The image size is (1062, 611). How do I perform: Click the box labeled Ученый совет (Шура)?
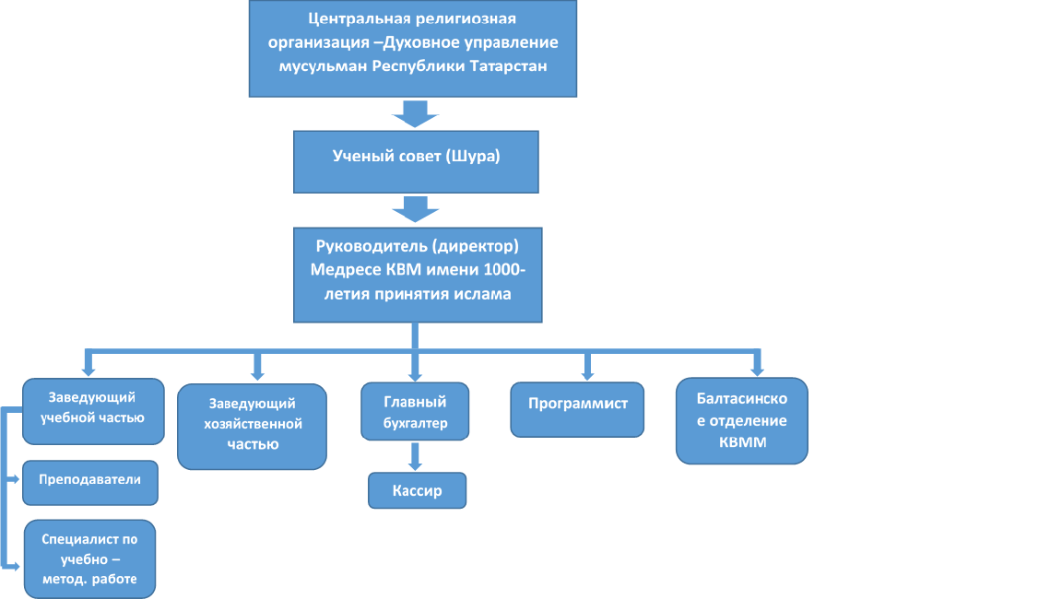[416, 162]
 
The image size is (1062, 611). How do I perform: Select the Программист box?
[577, 410]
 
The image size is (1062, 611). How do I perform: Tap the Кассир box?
[418, 490]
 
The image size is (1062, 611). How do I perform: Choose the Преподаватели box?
[90, 483]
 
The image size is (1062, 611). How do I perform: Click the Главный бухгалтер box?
[415, 412]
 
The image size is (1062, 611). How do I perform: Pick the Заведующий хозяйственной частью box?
[252, 427]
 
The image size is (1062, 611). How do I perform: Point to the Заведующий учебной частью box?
[93, 411]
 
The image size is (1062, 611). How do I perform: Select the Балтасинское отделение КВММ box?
[741, 420]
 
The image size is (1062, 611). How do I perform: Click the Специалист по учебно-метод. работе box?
[90, 558]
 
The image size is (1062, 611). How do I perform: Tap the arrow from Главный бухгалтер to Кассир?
[415, 456]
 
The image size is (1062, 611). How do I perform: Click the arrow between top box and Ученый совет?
[415, 113]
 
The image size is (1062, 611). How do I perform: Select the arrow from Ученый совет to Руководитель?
[415, 209]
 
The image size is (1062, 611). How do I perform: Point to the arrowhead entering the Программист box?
[587, 374]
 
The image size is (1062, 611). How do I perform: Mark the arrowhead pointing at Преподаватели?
[15, 479]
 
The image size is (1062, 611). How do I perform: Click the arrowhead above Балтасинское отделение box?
[757, 370]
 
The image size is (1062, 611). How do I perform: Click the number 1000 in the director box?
[501, 270]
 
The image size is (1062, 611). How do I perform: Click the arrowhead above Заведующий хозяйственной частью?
[257, 373]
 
